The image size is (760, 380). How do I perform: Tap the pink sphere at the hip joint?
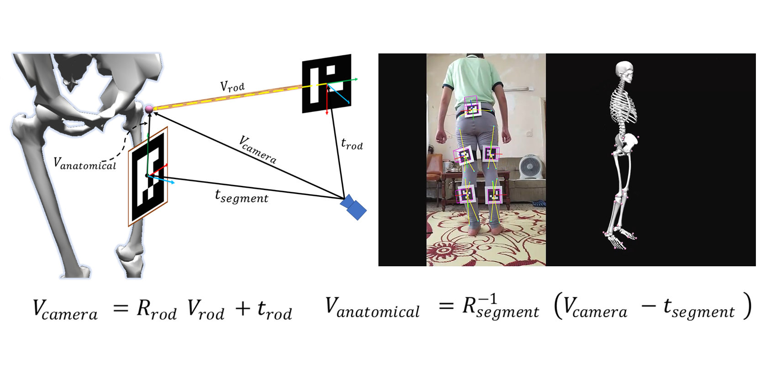149,109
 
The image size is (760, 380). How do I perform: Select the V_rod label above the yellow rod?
232,86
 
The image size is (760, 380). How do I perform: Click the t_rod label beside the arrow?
352,144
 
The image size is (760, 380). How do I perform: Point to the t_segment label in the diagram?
242,196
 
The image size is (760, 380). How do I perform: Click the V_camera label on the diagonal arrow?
258,149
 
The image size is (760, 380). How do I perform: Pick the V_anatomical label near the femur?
85,164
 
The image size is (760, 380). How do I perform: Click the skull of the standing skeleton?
625,72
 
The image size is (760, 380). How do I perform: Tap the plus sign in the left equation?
243,309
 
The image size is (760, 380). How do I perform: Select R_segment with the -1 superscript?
501,307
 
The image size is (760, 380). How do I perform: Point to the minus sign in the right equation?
649,306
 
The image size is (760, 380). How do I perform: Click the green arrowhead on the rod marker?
356,79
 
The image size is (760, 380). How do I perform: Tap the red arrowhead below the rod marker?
327,112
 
